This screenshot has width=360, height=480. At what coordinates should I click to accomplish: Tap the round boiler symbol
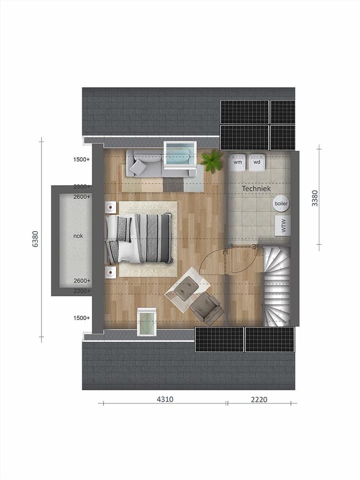pyautogui.click(x=281, y=203)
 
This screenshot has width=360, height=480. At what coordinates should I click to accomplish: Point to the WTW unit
pyautogui.click(x=282, y=226)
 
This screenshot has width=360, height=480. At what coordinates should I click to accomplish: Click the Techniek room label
pyautogui.click(x=256, y=189)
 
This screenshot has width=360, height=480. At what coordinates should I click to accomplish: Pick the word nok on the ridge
pyautogui.click(x=78, y=236)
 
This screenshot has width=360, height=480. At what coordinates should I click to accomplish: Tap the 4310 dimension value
pyautogui.click(x=165, y=399)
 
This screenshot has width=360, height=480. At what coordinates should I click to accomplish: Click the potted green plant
pyautogui.click(x=211, y=161)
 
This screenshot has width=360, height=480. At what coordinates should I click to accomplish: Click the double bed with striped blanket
pyautogui.click(x=140, y=238)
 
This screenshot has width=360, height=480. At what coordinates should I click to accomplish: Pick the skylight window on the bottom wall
pyautogui.click(x=146, y=321)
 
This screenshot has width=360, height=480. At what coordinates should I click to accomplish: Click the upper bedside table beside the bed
pyautogui.click(x=110, y=207)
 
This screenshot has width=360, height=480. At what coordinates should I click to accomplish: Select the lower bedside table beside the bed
pyautogui.click(x=110, y=272)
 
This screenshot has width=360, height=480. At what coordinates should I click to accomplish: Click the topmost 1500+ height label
pyautogui.click(x=81, y=160)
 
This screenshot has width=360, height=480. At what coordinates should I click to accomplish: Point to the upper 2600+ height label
pyautogui.click(x=81, y=197)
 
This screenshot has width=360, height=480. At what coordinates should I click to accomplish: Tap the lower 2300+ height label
pyautogui.click(x=81, y=290)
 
